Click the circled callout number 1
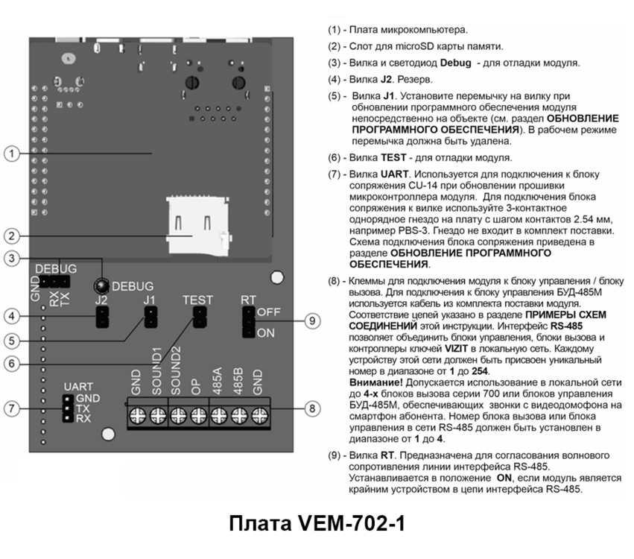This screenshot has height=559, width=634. [10, 154]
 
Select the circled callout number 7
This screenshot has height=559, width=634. [10, 409]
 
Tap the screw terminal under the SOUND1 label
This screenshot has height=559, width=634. [157, 417]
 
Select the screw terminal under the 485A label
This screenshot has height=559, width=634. [217, 417]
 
